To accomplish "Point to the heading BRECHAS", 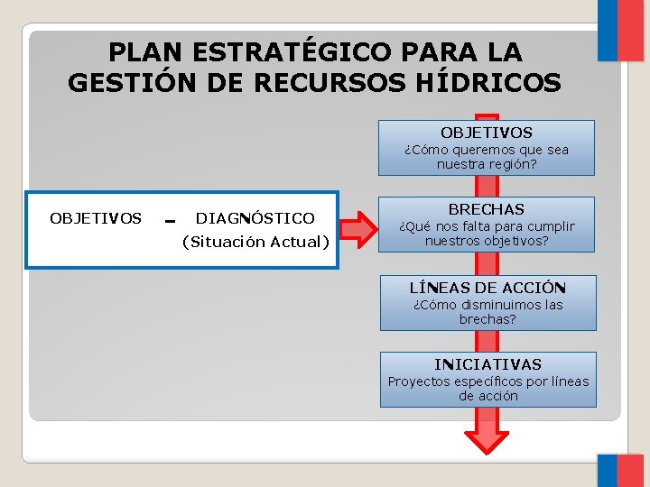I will [x=487, y=209].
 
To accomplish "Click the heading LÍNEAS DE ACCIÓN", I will [x=487, y=288].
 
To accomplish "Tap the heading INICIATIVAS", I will [x=487, y=364].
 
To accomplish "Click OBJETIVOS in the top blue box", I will [x=487, y=133].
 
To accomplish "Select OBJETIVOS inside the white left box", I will [x=96, y=218].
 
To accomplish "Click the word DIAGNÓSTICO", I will [x=255, y=218].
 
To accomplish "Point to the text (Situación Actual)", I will [x=255, y=242].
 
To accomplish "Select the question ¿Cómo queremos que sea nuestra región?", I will [x=487, y=157].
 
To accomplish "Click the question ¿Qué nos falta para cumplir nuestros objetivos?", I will [x=487, y=234].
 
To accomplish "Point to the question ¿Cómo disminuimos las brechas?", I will [x=487, y=311].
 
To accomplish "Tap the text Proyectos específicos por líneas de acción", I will [x=487, y=388].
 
